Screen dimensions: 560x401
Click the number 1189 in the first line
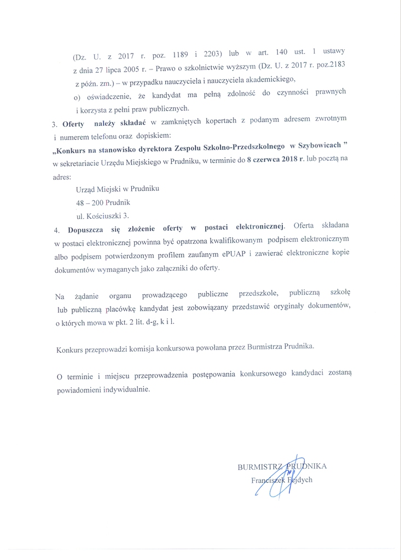184,55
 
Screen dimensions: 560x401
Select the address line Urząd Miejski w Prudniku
118,189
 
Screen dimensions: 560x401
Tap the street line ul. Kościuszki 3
103,215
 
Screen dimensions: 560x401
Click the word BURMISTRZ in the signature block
259,467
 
